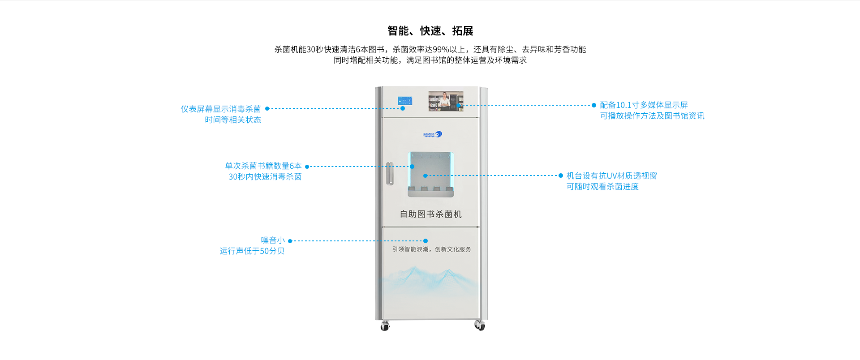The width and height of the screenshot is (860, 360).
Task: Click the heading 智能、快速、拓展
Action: click(430, 31)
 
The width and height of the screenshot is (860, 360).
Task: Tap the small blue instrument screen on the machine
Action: click(404, 101)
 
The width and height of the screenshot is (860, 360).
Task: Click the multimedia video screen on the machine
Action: click(445, 101)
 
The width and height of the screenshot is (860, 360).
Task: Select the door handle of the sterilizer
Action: click(390, 173)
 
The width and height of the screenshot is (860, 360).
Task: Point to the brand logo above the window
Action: click(432, 134)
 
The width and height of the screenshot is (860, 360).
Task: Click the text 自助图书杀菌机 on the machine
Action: click(430, 214)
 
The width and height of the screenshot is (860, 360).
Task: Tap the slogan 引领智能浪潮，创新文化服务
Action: click(431, 249)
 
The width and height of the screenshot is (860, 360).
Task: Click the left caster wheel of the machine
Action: click(385, 326)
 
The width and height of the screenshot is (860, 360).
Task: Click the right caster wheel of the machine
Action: click(480, 326)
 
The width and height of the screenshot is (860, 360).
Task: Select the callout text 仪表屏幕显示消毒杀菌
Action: click(221, 109)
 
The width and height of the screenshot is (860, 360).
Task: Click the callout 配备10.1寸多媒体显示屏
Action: click(644, 105)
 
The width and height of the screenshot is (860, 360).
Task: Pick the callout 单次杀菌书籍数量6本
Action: click(263, 166)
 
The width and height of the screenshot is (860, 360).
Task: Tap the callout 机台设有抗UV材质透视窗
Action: click(611, 176)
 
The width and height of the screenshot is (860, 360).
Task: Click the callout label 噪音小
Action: click(273, 240)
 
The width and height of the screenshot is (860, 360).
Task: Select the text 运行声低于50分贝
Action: click(252, 251)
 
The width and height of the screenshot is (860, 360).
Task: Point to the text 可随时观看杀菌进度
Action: click(602, 186)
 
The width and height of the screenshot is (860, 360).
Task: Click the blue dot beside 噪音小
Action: click(290, 241)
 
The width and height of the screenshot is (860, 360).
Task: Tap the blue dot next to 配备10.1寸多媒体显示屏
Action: click(594, 105)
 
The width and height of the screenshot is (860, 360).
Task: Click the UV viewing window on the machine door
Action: click(430, 174)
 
